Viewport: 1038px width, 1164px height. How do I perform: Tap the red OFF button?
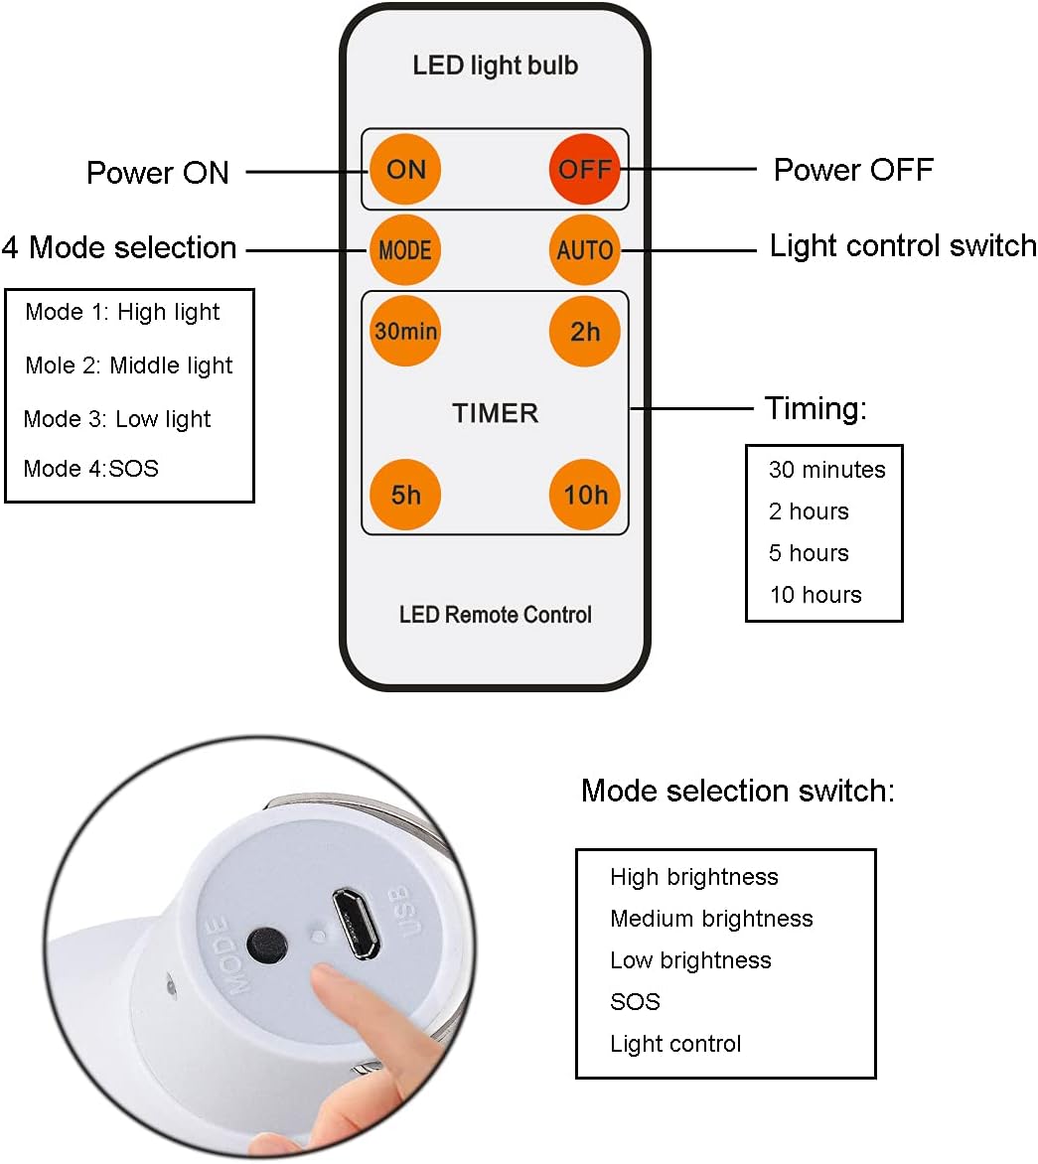(x=584, y=169)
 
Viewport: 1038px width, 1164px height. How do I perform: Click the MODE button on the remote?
(x=404, y=250)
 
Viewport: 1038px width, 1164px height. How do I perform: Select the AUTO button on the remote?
(x=584, y=250)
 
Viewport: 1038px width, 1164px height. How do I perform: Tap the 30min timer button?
(x=405, y=331)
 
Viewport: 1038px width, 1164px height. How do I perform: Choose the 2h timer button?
(x=584, y=331)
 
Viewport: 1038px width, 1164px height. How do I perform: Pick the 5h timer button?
(x=405, y=494)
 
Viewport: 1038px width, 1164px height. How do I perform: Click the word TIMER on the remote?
(x=495, y=413)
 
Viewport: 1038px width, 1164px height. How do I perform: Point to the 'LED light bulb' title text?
(x=495, y=66)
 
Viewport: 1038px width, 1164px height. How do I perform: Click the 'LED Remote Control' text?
(x=495, y=615)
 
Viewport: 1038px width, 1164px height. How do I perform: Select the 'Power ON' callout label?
(x=157, y=173)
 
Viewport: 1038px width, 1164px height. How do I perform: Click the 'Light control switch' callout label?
(x=902, y=246)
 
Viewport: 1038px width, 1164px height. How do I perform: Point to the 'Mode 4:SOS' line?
(x=90, y=468)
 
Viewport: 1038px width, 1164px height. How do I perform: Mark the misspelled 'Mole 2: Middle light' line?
(x=129, y=365)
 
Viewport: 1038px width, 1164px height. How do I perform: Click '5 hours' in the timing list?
(x=809, y=553)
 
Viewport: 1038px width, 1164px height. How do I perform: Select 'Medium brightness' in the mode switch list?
(x=711, y=919)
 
